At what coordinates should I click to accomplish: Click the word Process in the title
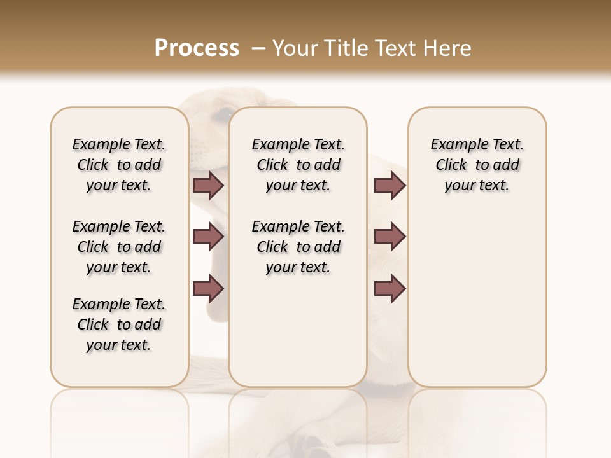[197, 48]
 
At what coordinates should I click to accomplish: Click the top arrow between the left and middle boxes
[208, 186]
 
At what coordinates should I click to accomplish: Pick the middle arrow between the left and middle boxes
[208, 237]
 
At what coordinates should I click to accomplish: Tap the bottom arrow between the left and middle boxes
[208, 289]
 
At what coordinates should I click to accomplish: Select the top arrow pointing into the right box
[390, 186]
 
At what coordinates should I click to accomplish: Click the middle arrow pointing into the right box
[390, 237]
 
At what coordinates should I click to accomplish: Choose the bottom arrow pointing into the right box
[390, 289]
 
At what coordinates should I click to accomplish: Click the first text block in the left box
[119, 165]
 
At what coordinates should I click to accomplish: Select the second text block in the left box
[119, 247]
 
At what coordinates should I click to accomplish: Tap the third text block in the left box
[119, 324]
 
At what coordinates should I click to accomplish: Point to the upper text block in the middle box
[298, 165]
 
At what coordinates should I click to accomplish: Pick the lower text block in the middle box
[298, 247]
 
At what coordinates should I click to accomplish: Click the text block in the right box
[477, 165]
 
